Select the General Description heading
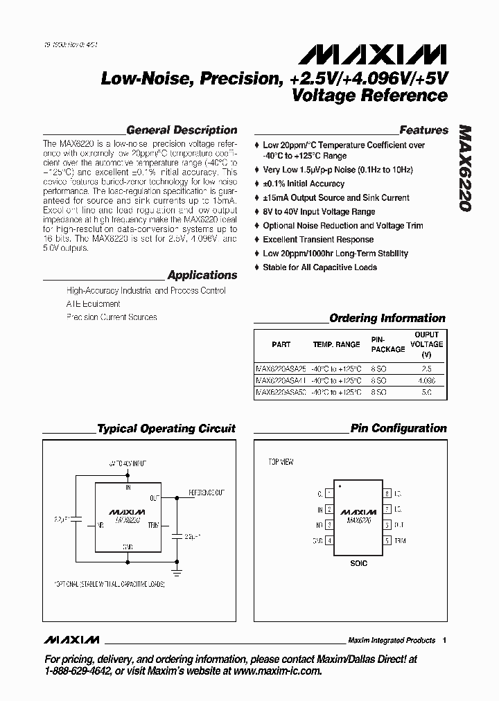coord(182,130)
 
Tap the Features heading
coord(423,130)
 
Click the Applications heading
coord(202,275)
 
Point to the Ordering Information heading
coord(387,319)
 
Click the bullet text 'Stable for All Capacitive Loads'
coord(319,267)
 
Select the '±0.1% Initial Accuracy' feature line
coord(304,184)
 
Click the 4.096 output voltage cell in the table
coord(426,380)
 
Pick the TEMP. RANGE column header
coord(336,344)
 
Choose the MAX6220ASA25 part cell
coord(280,369)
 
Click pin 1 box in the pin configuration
coord(329,494)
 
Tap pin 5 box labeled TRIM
coord(387,540)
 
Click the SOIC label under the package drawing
coord(358,563)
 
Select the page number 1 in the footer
coord(444,640)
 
